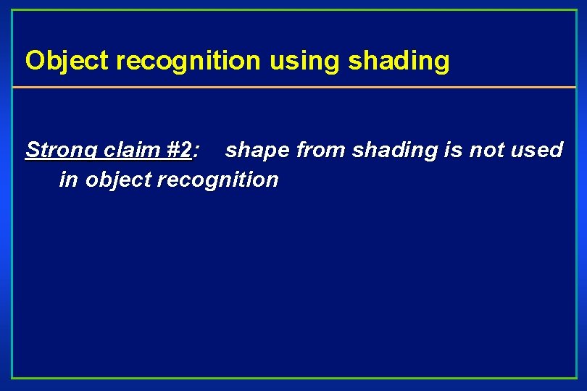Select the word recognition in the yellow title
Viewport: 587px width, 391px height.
pyautogui.click(x=188, y=62)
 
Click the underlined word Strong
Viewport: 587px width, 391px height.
pyautogui.click(x=62, y=151)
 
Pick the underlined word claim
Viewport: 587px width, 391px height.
pyautogui.click(x=132, y=150)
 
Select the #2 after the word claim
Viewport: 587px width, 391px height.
pyautogui.click(x=178, y=150)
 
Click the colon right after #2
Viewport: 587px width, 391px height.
pyautogui.click(x=197, y=151)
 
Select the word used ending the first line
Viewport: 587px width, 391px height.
pyautogui.click(x=537, y=150)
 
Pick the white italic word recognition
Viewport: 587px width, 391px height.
pyautogui.click(x=217, y=180)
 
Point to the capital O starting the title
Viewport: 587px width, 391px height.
pyautogui.click(x=33, y=62)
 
